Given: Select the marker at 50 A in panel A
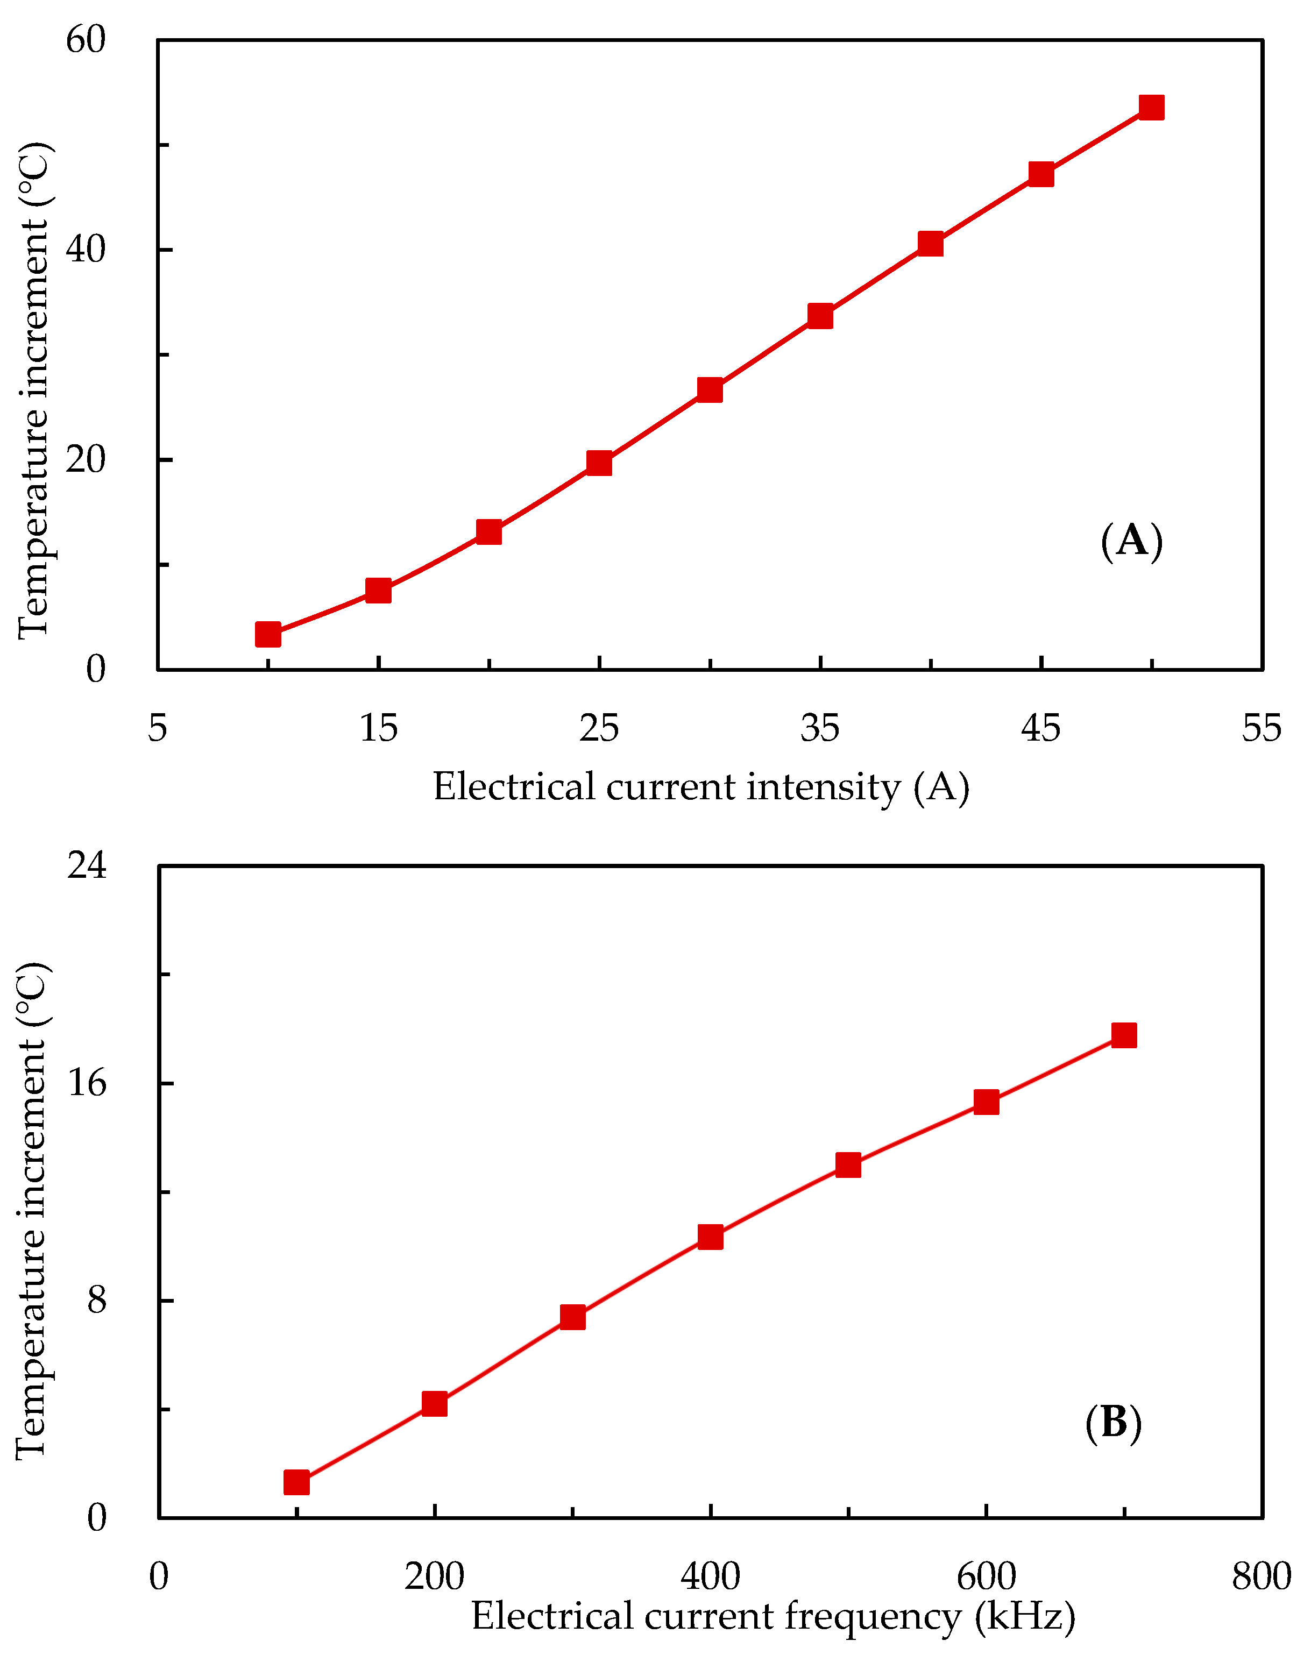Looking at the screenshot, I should [1151, 108].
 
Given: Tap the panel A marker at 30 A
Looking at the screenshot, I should [710, 390].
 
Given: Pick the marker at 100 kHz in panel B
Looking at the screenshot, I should [296, 1483].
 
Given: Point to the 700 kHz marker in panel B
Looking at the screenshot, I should [1124, 1036].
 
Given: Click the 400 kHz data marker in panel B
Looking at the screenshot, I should [710, 1238].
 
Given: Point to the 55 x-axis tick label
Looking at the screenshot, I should [1261, 727].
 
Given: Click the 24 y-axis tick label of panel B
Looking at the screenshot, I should [86, 865].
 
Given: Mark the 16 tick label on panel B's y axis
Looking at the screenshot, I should [86, 1083].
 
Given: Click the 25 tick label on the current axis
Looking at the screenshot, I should [599, 727].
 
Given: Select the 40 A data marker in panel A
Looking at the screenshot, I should [930, 244].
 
